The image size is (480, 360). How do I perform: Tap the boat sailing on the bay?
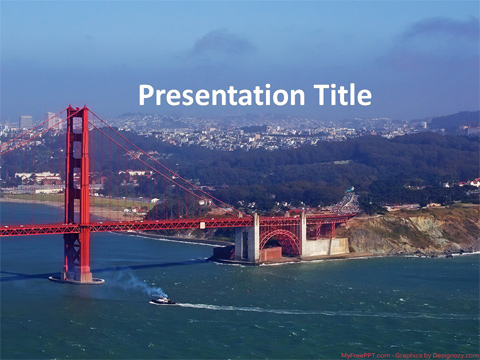coord(162,299)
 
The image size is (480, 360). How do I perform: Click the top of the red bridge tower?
coord(77,111)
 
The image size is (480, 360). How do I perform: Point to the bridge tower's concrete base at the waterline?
coord(77,276)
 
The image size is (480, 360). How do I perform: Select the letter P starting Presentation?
coord(146,96)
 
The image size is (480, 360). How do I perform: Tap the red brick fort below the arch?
coord(271,254)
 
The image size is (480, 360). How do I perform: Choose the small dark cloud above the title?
coord(222,42)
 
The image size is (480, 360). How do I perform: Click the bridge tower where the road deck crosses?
coord(77,228)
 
